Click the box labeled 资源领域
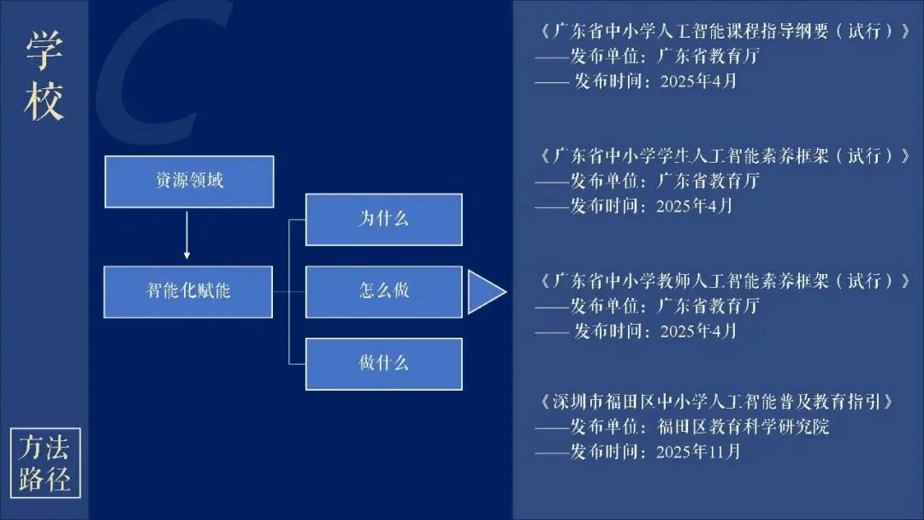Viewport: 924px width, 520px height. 189,181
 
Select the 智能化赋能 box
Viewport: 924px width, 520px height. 188,291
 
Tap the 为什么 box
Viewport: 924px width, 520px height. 383,219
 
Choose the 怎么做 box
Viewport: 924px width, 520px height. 383,291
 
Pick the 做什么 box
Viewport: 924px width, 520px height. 383,363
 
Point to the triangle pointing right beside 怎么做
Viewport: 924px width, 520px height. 484,292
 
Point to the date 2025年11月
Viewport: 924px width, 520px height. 698,451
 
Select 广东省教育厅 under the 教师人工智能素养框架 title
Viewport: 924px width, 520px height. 708,306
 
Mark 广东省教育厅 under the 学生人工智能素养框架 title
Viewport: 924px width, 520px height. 708,181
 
